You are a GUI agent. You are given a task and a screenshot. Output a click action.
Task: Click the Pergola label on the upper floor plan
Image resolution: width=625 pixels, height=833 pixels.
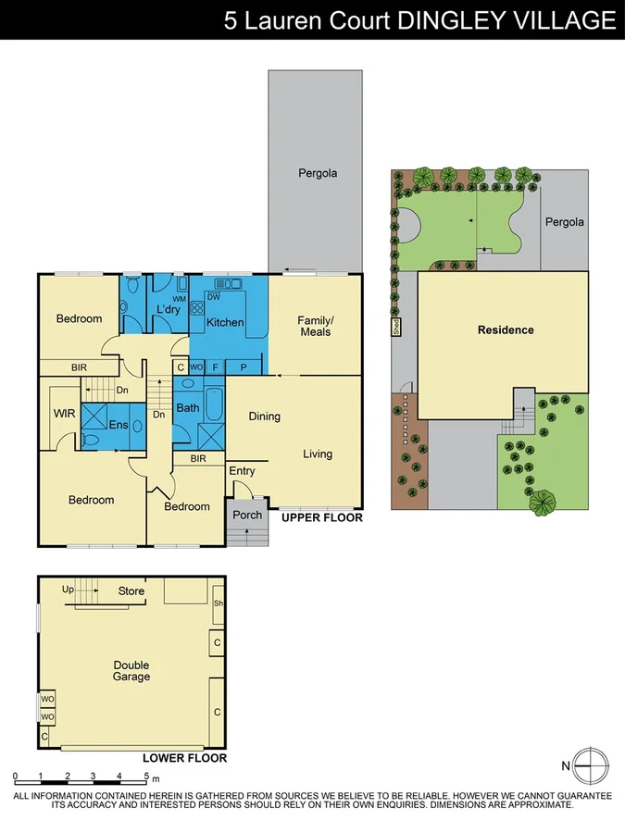tap(318, 173)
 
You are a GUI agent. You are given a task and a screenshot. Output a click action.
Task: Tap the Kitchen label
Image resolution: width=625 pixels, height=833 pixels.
tap(225, 323)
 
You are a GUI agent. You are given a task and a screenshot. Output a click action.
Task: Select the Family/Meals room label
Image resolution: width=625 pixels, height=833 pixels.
tap(315, 326)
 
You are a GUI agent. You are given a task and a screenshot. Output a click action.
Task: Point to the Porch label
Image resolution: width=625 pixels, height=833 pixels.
tap(247, 515)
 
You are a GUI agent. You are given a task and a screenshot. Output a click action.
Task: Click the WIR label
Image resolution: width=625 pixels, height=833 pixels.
tap(64, 413)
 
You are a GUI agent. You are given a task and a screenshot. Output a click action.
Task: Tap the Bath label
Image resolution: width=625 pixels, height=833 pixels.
tap(188, 407)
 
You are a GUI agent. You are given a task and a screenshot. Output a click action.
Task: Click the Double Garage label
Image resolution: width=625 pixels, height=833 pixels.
tap(131, 671)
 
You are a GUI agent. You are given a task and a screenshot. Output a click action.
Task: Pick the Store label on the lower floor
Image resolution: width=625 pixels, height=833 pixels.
tap(131, 591)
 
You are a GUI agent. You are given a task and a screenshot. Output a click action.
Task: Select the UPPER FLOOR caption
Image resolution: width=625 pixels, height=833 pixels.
tap(322, 518)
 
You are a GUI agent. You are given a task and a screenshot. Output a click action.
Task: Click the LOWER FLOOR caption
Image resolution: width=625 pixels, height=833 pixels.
tap(185, 758)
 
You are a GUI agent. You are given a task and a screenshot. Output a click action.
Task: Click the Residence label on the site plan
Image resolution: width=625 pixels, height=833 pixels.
tap(506, 329)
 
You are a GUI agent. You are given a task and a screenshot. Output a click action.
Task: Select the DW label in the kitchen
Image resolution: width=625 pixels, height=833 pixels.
tap(213, 297)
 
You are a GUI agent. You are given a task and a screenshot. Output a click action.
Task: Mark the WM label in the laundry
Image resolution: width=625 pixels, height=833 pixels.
tap(179, 299)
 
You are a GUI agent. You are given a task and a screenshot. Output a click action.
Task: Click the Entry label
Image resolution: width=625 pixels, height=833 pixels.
tap(243, 472)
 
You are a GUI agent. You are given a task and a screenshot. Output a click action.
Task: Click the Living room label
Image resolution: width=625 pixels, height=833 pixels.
tap(317, 454)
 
